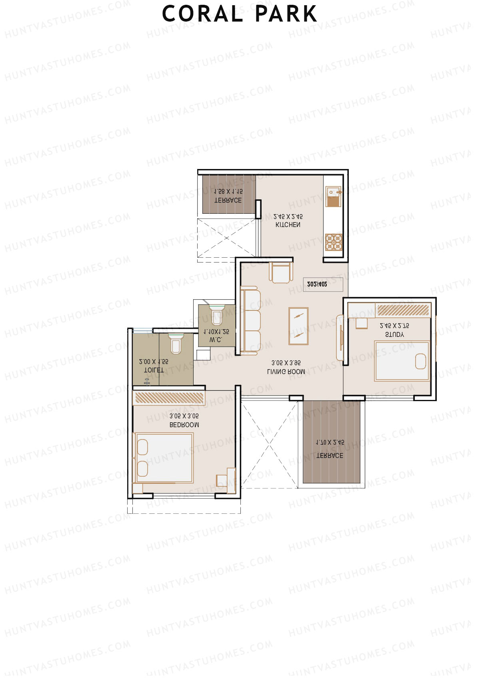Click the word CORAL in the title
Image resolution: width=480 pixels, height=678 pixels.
pos(202,14)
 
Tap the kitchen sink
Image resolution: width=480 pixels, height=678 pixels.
pos(333,197)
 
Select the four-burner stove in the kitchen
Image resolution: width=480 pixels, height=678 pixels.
pos(334,242)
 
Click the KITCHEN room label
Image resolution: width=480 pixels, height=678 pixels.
pos(288,225)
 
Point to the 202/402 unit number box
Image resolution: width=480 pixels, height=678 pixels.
pos(323,284)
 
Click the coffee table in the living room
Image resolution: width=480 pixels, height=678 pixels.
pos(298,326)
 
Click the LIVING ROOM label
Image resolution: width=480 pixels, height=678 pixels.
pos(286,372)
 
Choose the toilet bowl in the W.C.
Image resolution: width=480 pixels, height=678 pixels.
pos(216,316)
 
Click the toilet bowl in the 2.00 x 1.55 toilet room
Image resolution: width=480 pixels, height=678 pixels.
pos(175,344)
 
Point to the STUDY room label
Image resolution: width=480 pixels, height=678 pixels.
pos(394,335)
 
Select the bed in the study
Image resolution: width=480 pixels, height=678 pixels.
pos(402,361)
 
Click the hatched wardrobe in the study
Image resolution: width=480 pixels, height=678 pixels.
pos(403,310)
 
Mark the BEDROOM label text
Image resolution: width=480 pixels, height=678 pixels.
pos(184,425)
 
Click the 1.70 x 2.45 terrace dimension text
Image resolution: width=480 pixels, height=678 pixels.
pos(330,443)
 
